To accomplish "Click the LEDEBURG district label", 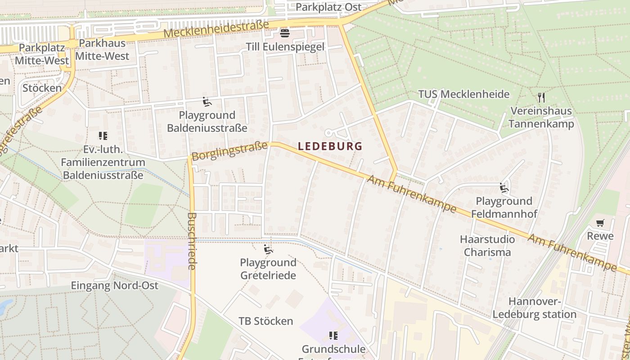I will click(x=330, y=146).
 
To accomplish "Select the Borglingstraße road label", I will click(x=229, y=151).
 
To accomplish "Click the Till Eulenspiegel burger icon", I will click(x=284, y=33).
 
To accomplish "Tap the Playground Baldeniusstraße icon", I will click(x=207, y=102).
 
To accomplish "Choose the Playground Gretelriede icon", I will click(x=268, y=249).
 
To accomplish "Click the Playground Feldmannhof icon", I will click(x=504, y=188).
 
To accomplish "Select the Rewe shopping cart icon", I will click(x=600, y=223).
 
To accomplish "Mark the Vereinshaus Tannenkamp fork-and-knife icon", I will click(x=541, y=97).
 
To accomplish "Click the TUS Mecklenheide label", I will click(x=463, y=94).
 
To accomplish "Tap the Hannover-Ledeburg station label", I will click(x=535, y=308).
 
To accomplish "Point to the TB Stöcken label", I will click(x=265, y=321).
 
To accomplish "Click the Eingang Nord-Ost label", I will click(x=115, y=286).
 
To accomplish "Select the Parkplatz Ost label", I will click(x=328, y=7).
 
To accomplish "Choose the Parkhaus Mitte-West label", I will click(x=103, y=50).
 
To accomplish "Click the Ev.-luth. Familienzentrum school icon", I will click(x=102, y=135).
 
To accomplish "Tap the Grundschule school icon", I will click(x=333, y=336).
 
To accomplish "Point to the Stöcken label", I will click(x=42, y=88).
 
